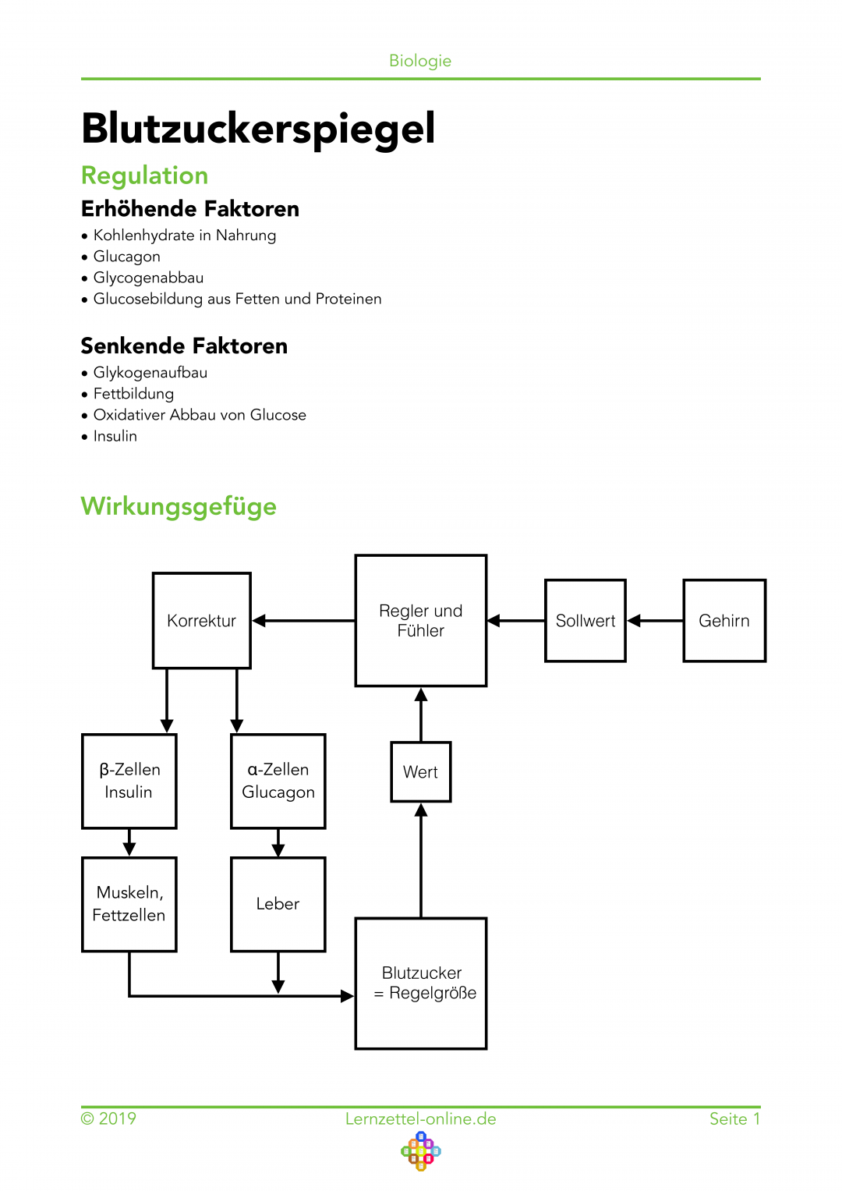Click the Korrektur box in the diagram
tap(201, 620)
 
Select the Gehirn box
tap(724, 621)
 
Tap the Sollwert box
tap(586, 621)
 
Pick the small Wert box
tap(420, 771)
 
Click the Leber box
tap(278, 904)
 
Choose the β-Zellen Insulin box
tap(129, 781)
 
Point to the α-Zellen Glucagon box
tap(278, 781)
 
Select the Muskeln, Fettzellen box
tap(129, 904)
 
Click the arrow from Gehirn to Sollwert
tap(655, 621)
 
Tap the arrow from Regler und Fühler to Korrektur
tap(303, 621)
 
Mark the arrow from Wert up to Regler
tap(421, 714)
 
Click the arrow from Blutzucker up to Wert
tap(421, 860)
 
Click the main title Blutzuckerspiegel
tap(258, 129)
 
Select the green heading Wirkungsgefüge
tap(179, 506)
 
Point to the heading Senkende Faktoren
tap(184, 346)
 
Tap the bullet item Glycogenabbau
tap(148, 278)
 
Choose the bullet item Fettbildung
tap(133, 393)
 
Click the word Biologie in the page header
tap(420, 61)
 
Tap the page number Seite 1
tap(734, 1118)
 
